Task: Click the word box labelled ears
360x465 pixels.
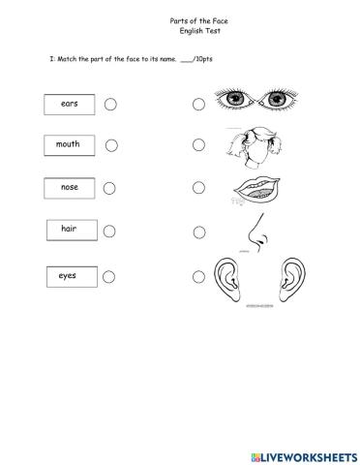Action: (70, 104)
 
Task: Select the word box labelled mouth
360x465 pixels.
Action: (69, 145)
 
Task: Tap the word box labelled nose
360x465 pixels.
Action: (69, 187)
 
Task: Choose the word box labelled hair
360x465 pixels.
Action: (69, 230)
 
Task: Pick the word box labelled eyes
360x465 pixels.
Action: (68, 277)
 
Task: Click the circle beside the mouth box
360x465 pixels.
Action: (111, 145)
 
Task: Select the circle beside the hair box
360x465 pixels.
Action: (109, 231)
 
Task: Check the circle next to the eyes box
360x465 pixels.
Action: (109, 277)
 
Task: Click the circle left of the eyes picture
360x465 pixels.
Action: (198, 104)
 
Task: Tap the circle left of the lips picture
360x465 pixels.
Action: (198, 188)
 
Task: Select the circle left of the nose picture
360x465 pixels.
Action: (198, 232)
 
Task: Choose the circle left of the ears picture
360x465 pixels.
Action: (198, 277)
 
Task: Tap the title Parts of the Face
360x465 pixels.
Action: (181, 19)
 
